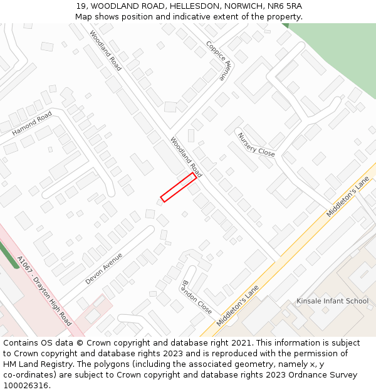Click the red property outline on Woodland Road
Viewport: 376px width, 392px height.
179,187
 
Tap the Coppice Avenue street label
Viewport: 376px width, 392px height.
219,61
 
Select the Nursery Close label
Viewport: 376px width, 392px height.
256,144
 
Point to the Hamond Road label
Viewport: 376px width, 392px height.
32,124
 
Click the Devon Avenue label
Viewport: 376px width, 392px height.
103,268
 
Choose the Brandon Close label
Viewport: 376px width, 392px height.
197,297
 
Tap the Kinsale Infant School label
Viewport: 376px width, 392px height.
332,301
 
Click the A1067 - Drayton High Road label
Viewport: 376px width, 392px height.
44,290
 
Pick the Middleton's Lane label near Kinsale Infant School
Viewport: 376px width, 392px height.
348,196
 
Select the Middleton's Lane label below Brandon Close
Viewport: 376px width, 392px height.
238,305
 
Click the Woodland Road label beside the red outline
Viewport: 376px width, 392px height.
186,157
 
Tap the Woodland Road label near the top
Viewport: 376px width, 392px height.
105,50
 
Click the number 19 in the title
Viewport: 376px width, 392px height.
80,6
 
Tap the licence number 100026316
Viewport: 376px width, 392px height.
26,385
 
